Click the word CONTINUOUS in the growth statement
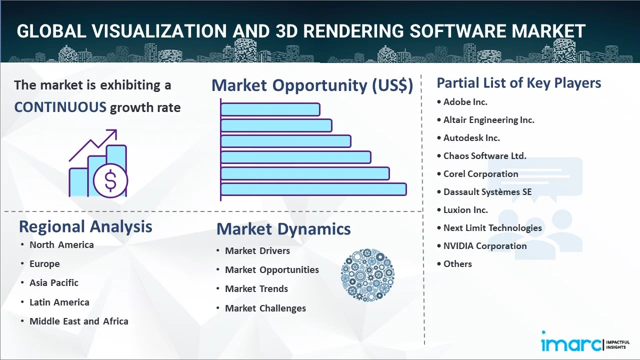pyautogui.click(x=60, y=107)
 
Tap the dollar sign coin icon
pyautogui.click(x=110, y=181)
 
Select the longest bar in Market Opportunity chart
pyautogui.click(x=313, y=189)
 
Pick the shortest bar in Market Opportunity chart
pyautogui.click(x=270, y=109)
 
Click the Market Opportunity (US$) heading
pyautogui.click(x=312, y=85)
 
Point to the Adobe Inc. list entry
pyautogui.click(x=465, y=102)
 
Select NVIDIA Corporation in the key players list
pyautogui.click(x=485, y=246)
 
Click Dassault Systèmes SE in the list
pyautogui.click(x=487, y=192)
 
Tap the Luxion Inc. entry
pyautogui.click(x=465, y=210)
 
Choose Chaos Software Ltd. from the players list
pyautogui.click(x=484, y=156)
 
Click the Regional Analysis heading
pyautogui.click(x=85, y=227)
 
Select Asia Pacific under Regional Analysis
pyautogui.click(x=54, y=283)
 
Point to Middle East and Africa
pyautogui.click(x=79, y=321)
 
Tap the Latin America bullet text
pyautogui.click(x=59, y=302)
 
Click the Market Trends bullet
pyautogui.click(x=256, y=289)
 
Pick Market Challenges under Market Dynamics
pyautogui.click(x=265, y=308)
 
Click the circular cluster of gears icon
pyautogui.click(x=367, y=275)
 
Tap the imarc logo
pyautogui.click(x=585, y=341)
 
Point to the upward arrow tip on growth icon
pyautogui.click(x=116, y=130)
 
